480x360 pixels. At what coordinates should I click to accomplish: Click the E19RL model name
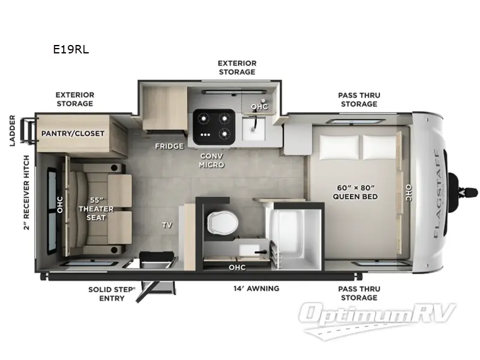71,50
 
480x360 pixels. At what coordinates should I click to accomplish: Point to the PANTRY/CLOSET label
73,133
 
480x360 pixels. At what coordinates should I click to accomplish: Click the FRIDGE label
169,146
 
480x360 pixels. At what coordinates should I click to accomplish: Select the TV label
167,226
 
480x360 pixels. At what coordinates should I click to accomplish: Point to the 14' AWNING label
256,289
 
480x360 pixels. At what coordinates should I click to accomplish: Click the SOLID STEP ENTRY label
112,293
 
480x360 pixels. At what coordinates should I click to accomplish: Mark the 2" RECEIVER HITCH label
26,195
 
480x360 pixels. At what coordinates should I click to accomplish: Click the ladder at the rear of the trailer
27,127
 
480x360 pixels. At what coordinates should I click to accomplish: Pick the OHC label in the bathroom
237,267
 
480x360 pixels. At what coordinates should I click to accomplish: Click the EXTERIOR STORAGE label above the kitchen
236,67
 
